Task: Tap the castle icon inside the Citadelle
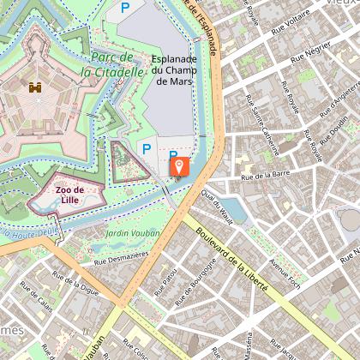point(35,87)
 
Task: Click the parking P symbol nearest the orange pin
point(172,156)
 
